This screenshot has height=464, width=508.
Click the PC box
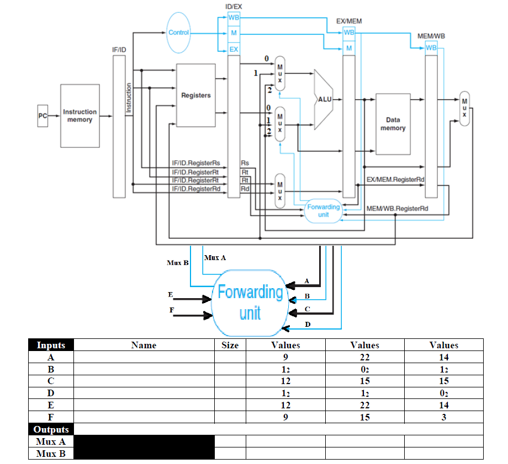tap(43, 116)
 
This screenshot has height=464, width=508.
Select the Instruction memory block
tap(80, 116)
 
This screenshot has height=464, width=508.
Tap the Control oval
tap(178, 33)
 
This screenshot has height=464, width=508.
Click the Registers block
tap(195, 95)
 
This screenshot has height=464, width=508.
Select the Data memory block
tap(393, 124)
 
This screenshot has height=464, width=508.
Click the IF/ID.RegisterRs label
tap(196, 163)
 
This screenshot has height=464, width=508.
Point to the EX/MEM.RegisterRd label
tap(395, 180)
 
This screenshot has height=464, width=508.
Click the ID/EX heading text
tap(234, 6)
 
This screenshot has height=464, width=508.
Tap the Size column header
tap(230, 345)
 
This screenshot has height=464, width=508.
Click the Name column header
tap(144, 345)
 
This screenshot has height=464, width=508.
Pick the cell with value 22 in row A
tap(364, 357)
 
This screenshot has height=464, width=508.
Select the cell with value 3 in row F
tap(443, 418)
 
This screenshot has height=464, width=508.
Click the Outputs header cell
tap(51, 429)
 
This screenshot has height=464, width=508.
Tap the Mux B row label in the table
tap(51, 454)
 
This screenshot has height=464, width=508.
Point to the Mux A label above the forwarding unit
tap(215, 257)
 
